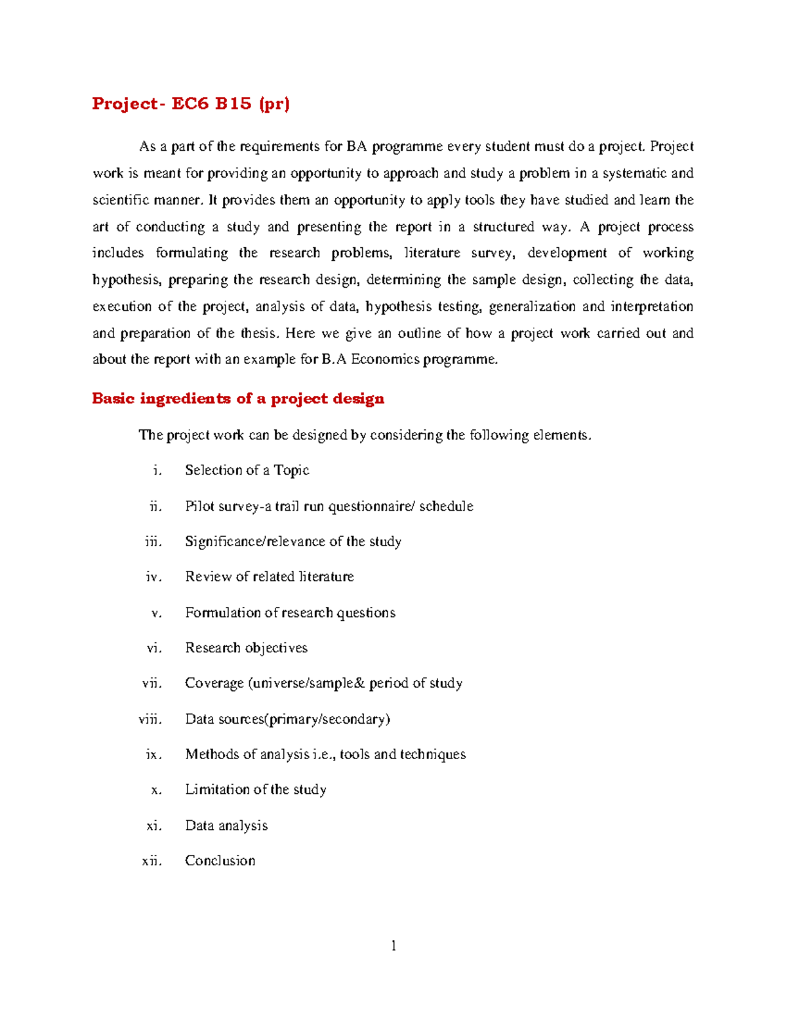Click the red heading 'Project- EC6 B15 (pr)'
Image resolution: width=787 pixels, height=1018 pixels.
190,104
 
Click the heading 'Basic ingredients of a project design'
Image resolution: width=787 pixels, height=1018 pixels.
237,399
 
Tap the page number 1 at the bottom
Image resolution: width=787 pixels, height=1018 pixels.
393,945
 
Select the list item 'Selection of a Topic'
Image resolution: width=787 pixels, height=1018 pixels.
247,470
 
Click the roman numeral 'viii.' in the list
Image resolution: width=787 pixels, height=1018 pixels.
150,719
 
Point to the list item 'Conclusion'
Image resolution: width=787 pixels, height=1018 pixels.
220,861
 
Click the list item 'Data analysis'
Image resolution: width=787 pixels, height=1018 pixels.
226,825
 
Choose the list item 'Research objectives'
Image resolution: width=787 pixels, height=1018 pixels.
246,648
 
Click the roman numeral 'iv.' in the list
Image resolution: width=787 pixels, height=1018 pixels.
153,577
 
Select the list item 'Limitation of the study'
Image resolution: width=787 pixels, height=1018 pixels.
255,789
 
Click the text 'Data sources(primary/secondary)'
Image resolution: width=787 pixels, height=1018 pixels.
287,719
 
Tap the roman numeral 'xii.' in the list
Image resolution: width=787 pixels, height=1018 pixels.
151,861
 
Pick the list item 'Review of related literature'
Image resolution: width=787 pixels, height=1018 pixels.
269,577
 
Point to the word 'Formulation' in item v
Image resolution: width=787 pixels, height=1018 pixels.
222,612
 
